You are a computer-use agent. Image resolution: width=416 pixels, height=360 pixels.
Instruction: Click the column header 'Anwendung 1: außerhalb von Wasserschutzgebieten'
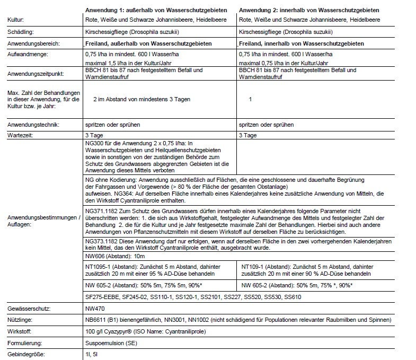tap(156, 10)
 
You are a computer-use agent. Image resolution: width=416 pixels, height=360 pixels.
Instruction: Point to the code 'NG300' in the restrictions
tap(93, 143)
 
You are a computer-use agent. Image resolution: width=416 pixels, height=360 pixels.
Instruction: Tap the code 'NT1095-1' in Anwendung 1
tap(96, 267)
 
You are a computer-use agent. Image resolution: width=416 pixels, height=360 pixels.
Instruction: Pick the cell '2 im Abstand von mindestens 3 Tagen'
tap(141, 99)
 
